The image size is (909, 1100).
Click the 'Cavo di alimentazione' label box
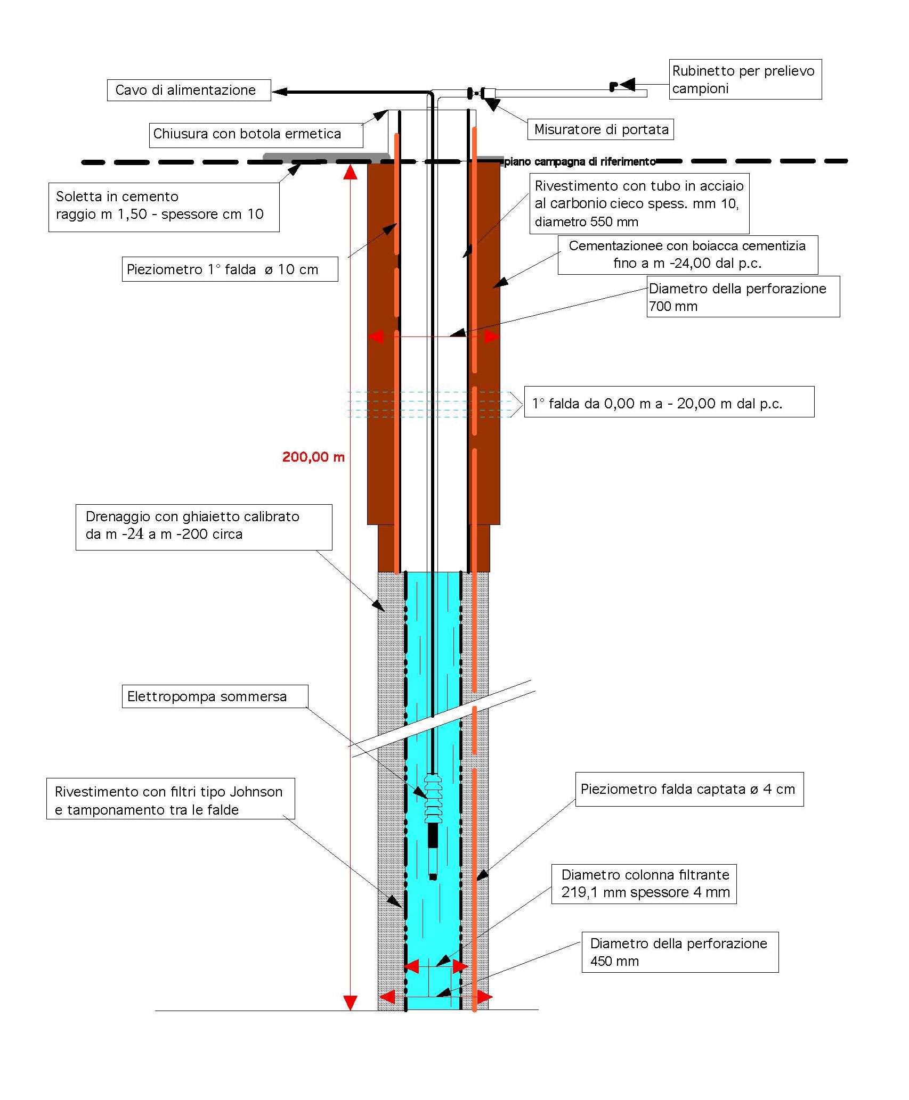point(189,90)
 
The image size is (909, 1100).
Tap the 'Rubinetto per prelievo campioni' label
point(745,79)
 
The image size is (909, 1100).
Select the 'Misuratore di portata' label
point(600,129)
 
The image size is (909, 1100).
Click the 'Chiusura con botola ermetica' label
point(256,134)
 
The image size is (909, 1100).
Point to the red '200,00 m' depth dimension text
point(313,457)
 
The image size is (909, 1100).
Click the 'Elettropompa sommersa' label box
point(215,696)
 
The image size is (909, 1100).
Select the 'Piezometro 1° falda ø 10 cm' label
point(230,269)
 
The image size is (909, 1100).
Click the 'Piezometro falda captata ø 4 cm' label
point(689,789)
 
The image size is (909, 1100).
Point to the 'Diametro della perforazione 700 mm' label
point(743,297)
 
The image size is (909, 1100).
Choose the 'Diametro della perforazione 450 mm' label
point(680,952)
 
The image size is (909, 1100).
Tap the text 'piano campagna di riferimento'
point(580,162)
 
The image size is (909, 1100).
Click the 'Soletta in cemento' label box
point(164,207)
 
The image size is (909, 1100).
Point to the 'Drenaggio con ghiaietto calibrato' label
point(204,527)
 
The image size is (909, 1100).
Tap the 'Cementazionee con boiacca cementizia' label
point(688,255)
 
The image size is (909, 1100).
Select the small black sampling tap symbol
point(613,86)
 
